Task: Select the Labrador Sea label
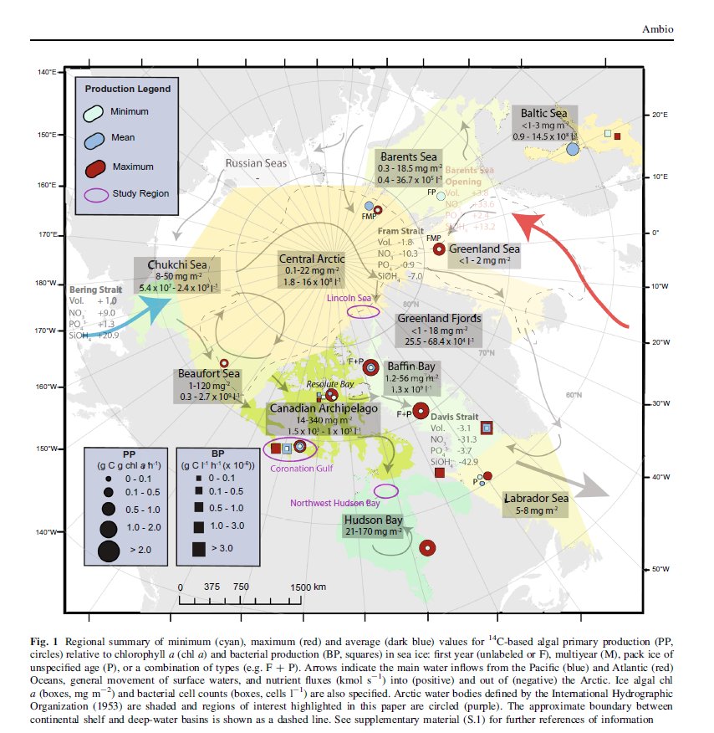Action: pyautogui.click(x=535, y=499)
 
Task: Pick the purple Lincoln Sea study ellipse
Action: pyautogui.click(x=363, y=311)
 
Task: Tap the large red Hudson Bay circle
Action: pyautogui.click(x=427, y=548)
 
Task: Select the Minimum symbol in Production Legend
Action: pyautogui.click(x=95, y=111)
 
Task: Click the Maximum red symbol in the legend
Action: pyautogui.click(x=95, y=166)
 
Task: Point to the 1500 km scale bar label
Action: pyautogui.click(x=309, y=587)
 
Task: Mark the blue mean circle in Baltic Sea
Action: pyautogui.click(x=573, y=149)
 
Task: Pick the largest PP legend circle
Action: pyautogui.click(x=109, y=551)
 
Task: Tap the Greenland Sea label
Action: pyautogui.click(x=484, y=249)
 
